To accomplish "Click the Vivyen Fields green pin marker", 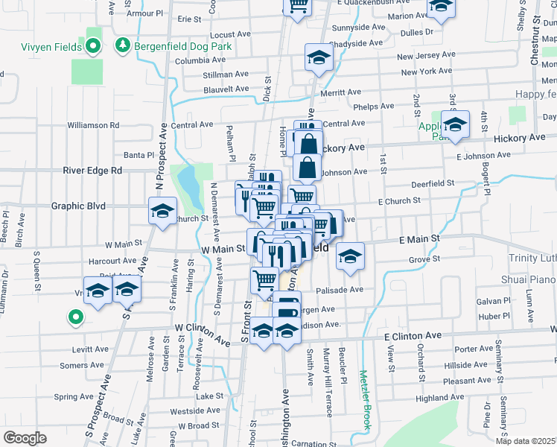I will (x=93, y=47).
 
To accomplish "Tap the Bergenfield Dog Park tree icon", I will (x=123, y=47).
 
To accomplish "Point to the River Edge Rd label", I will (x=97, y=170).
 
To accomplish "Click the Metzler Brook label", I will (x=365, y=400).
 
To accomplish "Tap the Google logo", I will (x=25, y=437).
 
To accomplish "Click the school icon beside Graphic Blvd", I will (x=162, y=211).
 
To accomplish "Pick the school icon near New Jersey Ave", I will (x=318, y=59).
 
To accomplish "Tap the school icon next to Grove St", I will (x=348, y=256).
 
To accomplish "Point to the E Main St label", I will (x=420, y=239).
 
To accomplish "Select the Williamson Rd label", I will (x=93, y=125).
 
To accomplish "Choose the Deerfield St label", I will (x=433, y=183).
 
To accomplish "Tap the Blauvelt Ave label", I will (x=226, y=89).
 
